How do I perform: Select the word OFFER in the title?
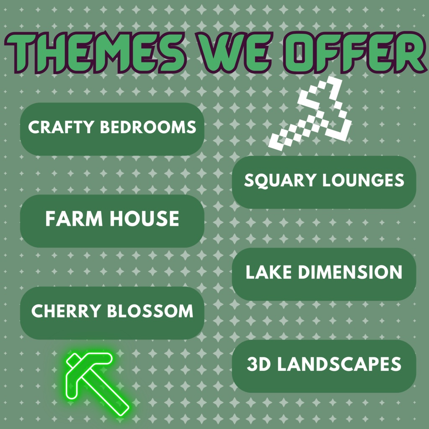click(356, 53)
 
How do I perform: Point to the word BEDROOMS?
click(148, 127)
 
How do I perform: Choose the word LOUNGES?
click(363, 180)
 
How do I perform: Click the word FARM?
click(74, 219)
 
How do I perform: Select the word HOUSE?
click(144, 219)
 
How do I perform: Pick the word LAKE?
click(269, 272)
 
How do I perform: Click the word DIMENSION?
click(350, 272)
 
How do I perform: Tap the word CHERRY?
click(66, 311)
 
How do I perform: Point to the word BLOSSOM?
click(150, 311)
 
